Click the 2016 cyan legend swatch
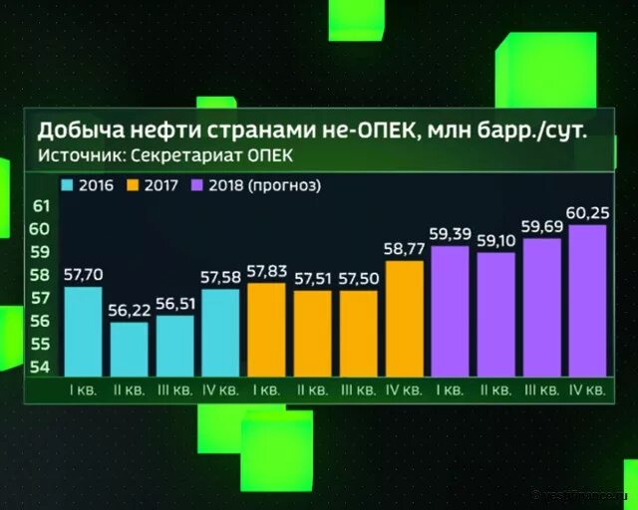pos(68,185)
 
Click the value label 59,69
pos(541,227)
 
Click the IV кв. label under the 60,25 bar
pos(586,391)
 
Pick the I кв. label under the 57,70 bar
pos(83,391)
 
